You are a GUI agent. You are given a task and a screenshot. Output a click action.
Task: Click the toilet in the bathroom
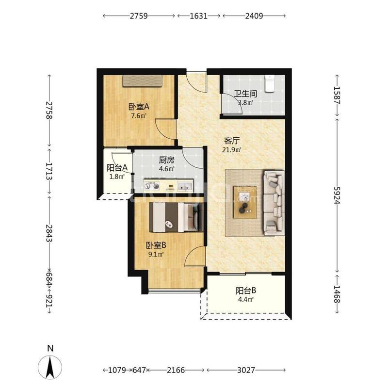[270, 84]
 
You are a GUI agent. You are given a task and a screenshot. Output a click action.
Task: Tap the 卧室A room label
[139, 107]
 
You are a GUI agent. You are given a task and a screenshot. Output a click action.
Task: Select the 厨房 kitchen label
[166, 160]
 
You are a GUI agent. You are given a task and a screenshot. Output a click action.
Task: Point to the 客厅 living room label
[232, 141]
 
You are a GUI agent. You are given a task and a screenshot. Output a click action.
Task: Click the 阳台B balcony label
[246, 291]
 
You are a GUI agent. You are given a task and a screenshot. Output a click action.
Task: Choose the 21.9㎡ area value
[232, 150]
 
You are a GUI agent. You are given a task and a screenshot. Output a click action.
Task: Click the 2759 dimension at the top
[139, 16]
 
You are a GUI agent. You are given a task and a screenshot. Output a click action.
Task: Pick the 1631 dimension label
[199, 16]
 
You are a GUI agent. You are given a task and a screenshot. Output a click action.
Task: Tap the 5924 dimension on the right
[337, 195]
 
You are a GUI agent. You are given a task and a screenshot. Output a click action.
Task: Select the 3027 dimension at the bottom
[246, 370]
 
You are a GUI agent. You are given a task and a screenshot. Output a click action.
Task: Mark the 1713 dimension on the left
[49, 171]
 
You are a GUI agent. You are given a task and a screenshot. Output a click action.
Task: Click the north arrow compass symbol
[50, 367]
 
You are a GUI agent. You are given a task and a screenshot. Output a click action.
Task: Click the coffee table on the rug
[245, 202]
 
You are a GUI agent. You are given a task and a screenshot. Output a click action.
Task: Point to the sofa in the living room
[274, 203]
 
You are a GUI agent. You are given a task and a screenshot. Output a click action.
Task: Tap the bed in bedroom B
[176, 217]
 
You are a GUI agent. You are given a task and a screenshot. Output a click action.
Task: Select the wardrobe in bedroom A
[143, 81]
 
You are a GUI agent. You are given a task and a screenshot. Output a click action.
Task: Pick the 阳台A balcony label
[117, 168]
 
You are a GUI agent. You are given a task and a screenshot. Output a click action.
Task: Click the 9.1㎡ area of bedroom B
[156, 254]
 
